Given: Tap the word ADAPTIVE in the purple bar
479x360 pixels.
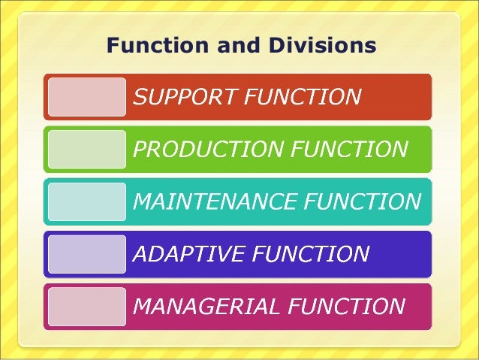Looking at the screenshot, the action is (188, 254).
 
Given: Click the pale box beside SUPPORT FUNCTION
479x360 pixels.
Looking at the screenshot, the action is (87, 97).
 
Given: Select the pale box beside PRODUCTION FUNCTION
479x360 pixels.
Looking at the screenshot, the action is (87, 150).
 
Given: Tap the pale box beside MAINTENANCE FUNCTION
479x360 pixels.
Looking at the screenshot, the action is (87, 202).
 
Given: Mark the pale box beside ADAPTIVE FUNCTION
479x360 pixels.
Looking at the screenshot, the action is (87, 254).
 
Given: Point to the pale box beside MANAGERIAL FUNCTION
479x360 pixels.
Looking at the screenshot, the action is (87, 307).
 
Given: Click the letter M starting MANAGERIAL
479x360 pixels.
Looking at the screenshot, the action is (143, 307).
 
